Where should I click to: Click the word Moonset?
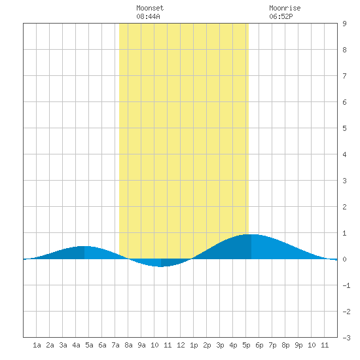coord(150,8)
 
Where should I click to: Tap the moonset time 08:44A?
coord(148,16)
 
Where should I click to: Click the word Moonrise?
coord(285,8)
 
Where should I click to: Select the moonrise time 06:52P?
coord(281,16)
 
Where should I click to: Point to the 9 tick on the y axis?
coord(344,24)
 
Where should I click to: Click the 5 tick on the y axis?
coord(344,128)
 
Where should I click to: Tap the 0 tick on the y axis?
coord(344,259)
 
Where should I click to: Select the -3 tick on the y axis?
coord(346,338)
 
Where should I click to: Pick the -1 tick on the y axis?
coord(346,285)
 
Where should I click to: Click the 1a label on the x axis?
coord(37,345)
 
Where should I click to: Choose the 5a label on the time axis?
coord(89,345)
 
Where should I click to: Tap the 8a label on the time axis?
coord(128,345)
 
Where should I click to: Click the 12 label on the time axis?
coord(181,345)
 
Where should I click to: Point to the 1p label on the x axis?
coord(194,345)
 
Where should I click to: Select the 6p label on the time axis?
coord(259,345)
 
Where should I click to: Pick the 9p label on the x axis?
coord(298,345)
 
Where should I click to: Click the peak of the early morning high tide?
coord(84,246)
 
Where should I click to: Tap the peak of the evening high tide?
coord(251,234)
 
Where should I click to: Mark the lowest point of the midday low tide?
coord(161,267)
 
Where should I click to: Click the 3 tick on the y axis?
coord(344,181)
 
